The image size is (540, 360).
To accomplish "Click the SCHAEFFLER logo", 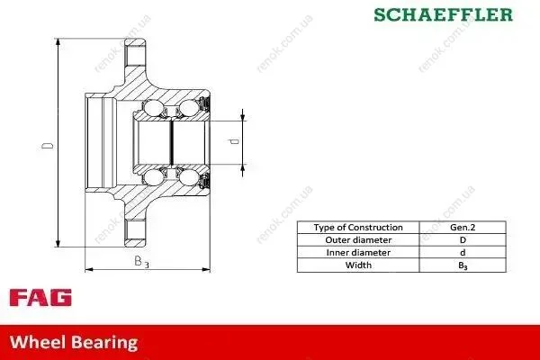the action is pos(443,14).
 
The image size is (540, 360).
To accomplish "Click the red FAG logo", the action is pos(40,298).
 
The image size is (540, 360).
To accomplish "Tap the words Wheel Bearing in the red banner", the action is pos(74,342).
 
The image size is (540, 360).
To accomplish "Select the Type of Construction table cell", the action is pos(358,228).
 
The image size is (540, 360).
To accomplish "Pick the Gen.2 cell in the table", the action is pos(463,228).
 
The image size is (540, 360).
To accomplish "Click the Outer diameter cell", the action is pos(358,239).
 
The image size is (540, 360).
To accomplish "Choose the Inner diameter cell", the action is pos(358,253).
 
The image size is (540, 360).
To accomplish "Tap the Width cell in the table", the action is pos(358,265).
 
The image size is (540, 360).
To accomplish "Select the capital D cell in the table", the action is pos(463,239).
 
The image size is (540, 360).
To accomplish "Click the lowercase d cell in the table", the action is pos(463,253).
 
